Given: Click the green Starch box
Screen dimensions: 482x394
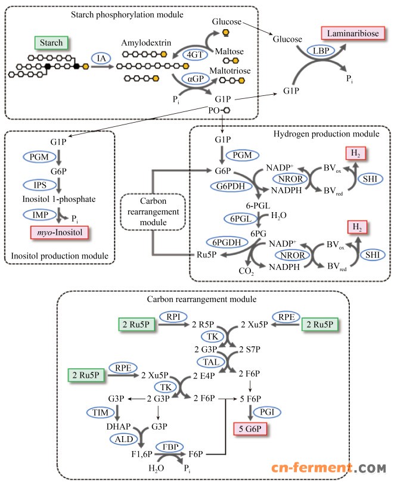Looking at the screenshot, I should (52, 42).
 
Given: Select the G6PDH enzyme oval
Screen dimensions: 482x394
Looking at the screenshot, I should (226, 187).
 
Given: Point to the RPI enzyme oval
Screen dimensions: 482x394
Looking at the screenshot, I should (173, 316).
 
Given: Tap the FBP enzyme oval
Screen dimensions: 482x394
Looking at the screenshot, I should (169, 446).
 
